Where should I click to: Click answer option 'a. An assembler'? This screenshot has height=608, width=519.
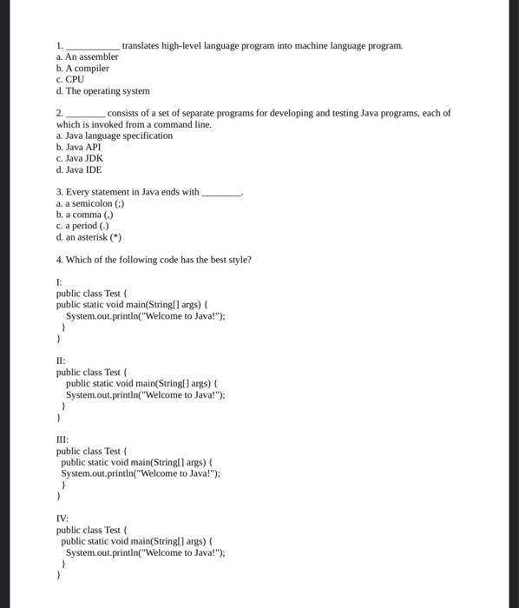pyautogui.click(x=87, y=56)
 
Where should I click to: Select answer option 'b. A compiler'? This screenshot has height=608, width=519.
pyautogui.click(x=82, y=68)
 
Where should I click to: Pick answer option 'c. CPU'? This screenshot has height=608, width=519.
pyautogui.click(x=69, y=79)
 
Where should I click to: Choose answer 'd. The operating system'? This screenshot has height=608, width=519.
pyautogui.click(x=102, y=90)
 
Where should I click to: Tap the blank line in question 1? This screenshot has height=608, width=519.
pyautogui.click(x=93, y=46)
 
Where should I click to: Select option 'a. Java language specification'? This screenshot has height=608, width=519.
pyautogui.click(x=114, y=136)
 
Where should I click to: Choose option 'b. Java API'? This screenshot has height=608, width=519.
pyautogui.click(x=79, y=148)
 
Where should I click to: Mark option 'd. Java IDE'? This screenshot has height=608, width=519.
pyautogui.click(x=79, y=170)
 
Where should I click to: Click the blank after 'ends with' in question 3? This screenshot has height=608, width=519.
pyautogui.click(x=221, y=193)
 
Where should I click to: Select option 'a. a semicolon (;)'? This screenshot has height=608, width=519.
pyautogui.click(x=90, y=204)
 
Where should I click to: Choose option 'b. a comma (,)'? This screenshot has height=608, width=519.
pyautogui.click(x=84, y=215)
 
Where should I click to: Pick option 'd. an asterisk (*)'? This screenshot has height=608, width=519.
pyautogui.click(x=89, y=237)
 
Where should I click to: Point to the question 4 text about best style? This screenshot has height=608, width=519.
pyautogui.click(x=154, y=260)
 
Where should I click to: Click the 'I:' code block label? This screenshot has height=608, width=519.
pyautogui.click(x=59, y=282)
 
